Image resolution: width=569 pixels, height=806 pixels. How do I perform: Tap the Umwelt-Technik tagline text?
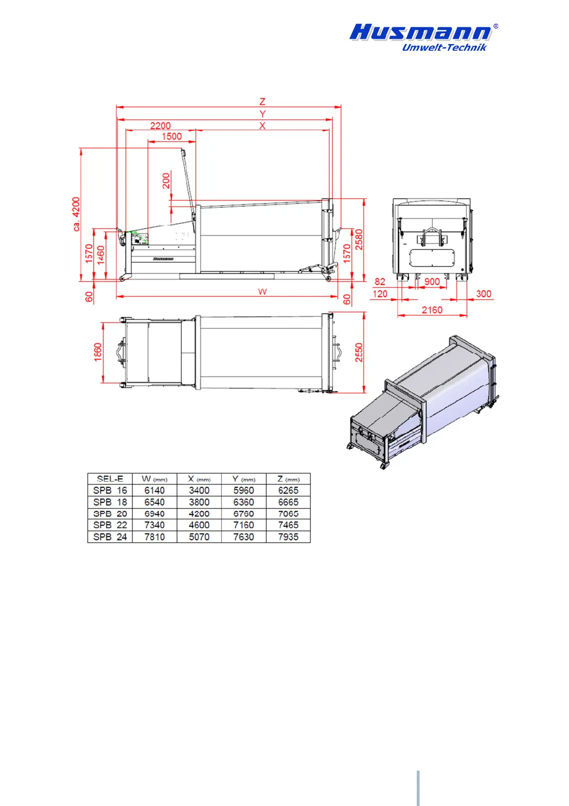(444, 47)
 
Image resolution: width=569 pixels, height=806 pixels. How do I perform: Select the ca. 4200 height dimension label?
(76, 214)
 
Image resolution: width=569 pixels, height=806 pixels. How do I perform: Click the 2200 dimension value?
(160, 125)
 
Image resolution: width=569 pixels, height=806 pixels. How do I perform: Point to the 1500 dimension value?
(172, 136)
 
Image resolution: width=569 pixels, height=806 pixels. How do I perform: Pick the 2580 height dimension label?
(359, 240)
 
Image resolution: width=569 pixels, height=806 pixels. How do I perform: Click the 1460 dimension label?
(100, 256)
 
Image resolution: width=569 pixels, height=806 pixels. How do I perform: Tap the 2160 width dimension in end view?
(432, 310)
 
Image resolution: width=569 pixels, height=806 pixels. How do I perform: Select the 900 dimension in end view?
(432, 282)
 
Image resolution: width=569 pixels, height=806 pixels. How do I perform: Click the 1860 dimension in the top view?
(98, 352)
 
